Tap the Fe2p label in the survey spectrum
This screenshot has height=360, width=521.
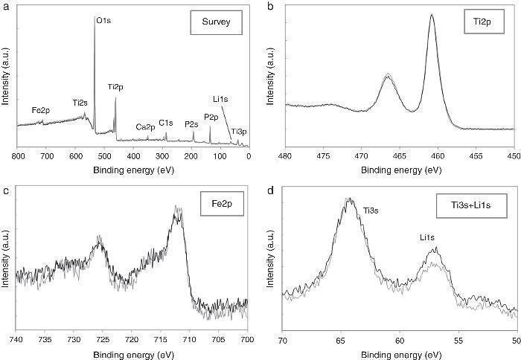click(x=41, y=109)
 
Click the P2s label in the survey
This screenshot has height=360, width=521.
click(x=191, y=124)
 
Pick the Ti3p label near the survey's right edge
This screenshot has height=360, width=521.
click(x=239, y=132)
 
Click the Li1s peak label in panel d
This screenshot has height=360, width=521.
click(x=427, y=237)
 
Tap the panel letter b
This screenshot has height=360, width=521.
click(x=269, y=7)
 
